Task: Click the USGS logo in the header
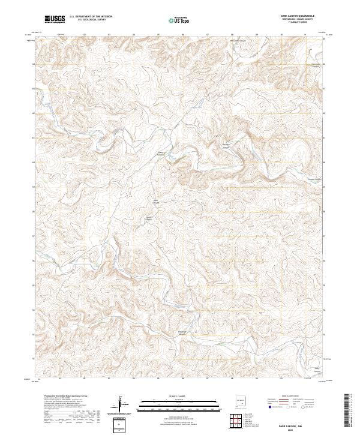click(55, 19)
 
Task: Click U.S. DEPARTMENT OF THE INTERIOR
click(91, 16)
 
